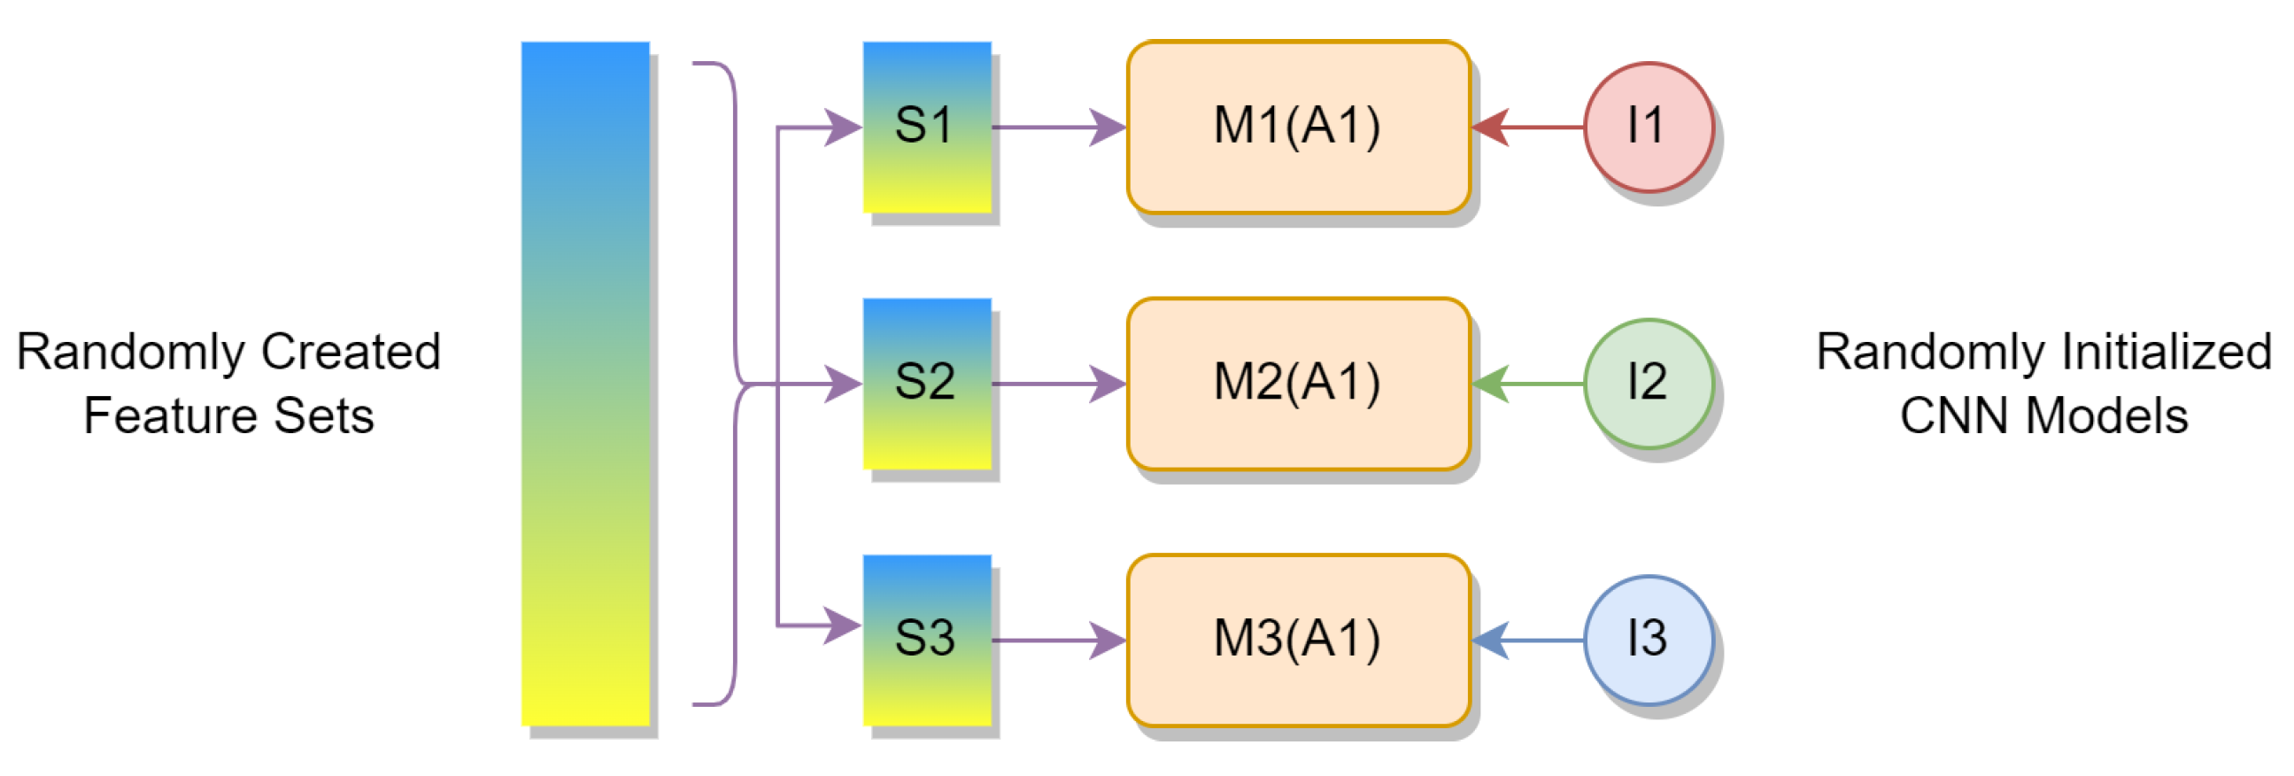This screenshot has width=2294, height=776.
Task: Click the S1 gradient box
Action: (x=926, y=127)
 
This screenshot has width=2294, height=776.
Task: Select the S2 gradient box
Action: (x=926, y=383)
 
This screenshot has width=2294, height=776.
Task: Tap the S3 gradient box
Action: (x=926, y=640)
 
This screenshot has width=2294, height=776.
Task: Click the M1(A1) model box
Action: (x=1297, y=127)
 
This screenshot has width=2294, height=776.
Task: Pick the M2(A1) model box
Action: (x=1297, y=383)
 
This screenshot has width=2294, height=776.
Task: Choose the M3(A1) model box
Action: (x=1297, y=640)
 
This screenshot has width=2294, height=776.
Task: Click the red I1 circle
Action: (x=1649, y=127)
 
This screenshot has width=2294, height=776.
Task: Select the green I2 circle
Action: (x=1649, y=383)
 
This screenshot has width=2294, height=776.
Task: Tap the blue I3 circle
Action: (x=1649, y=640)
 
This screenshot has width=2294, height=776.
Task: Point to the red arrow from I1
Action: (x=1527, y=127)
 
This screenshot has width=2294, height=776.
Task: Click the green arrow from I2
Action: (x=1527, y=384)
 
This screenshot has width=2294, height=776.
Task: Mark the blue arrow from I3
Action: (x=1527, y=640)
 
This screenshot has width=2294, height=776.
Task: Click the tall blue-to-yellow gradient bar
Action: (x=585, y=383)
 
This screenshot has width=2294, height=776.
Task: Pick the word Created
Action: (x=351, y=352)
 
